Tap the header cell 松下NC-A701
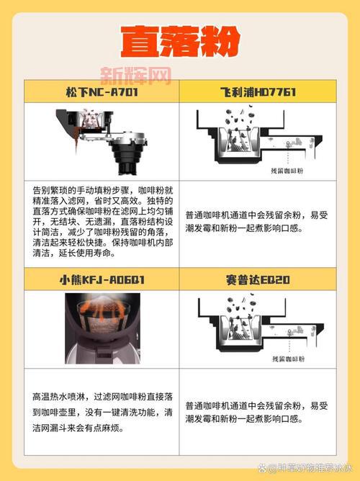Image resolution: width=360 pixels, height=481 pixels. pos(101,92)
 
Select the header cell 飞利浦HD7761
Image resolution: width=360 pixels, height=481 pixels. pos(258,92)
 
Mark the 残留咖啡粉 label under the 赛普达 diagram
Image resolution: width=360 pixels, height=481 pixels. pos(287,358)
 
